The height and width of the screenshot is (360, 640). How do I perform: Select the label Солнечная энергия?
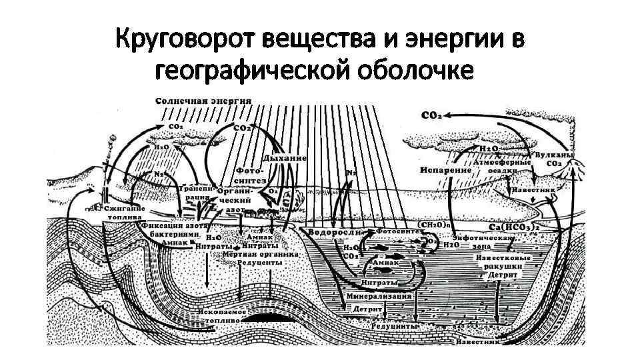coord(203,101)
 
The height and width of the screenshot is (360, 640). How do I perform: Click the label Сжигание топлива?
coord(124,213)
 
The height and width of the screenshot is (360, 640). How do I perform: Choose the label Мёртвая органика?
coord(261,255)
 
